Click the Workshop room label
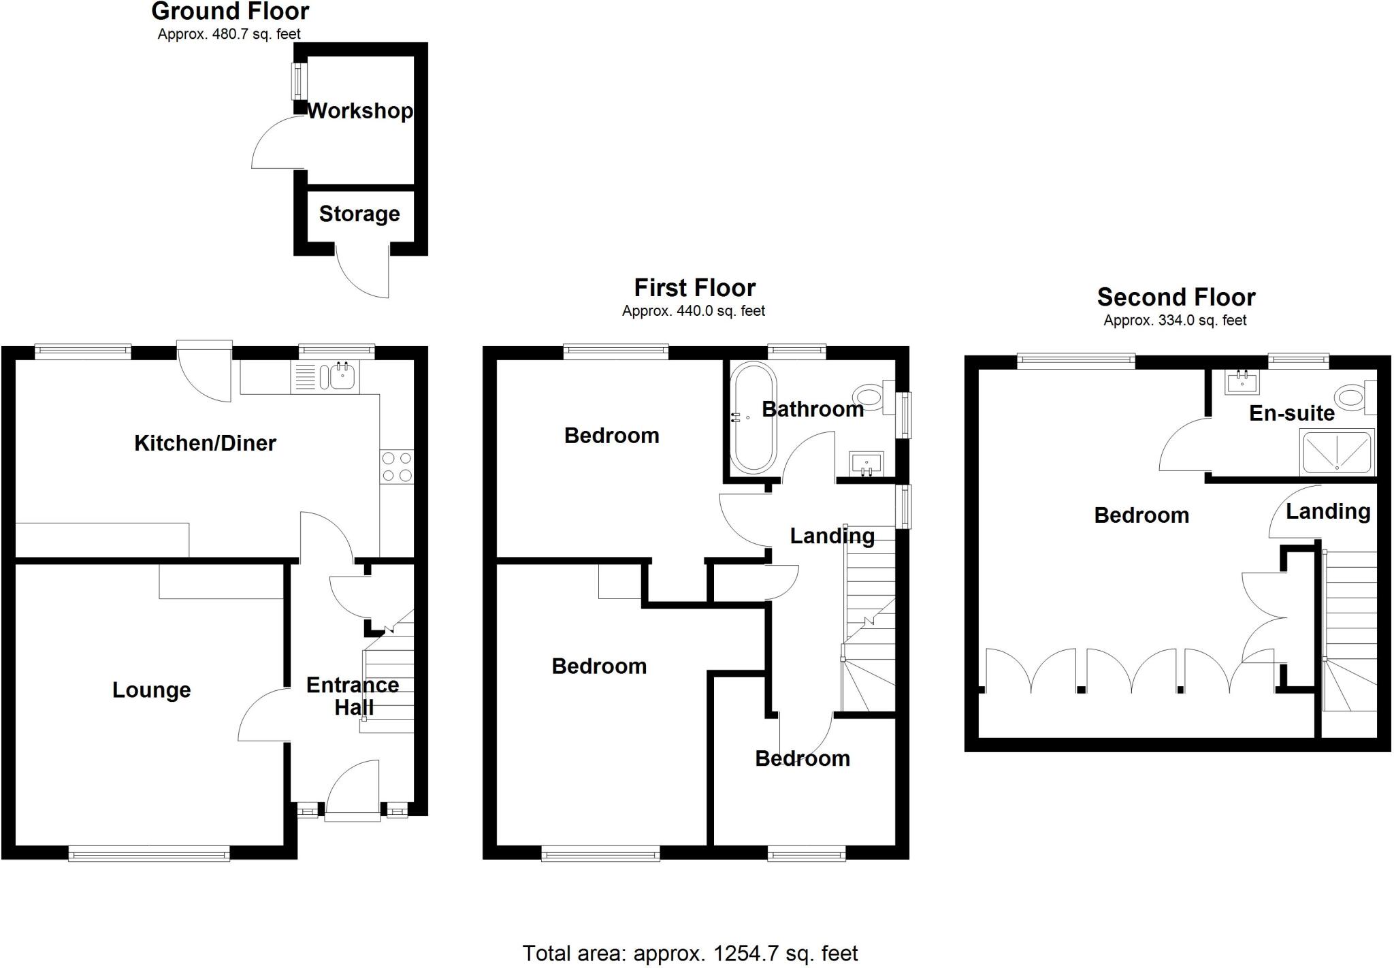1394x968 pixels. coord(359,111)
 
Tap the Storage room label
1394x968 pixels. coord(359,214)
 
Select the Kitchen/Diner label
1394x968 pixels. coord(205,443)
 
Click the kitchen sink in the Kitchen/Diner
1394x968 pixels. coord(344,376)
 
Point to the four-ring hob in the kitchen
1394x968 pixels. coord(397,467)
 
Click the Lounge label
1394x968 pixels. coord(151,690)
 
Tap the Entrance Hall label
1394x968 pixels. coord(353,696)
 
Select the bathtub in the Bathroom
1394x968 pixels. coord(753,417)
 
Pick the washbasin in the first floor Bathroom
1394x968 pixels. coord(866,464)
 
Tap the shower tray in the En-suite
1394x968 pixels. coord(1337,452)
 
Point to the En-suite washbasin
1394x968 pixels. coord(1242,382)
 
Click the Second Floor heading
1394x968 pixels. coord(1176,297)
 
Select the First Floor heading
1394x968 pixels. coord(694,288)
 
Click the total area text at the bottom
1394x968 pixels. coord(690,953)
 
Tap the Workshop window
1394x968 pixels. coord(297,81)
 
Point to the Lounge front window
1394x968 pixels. coord(148,854)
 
